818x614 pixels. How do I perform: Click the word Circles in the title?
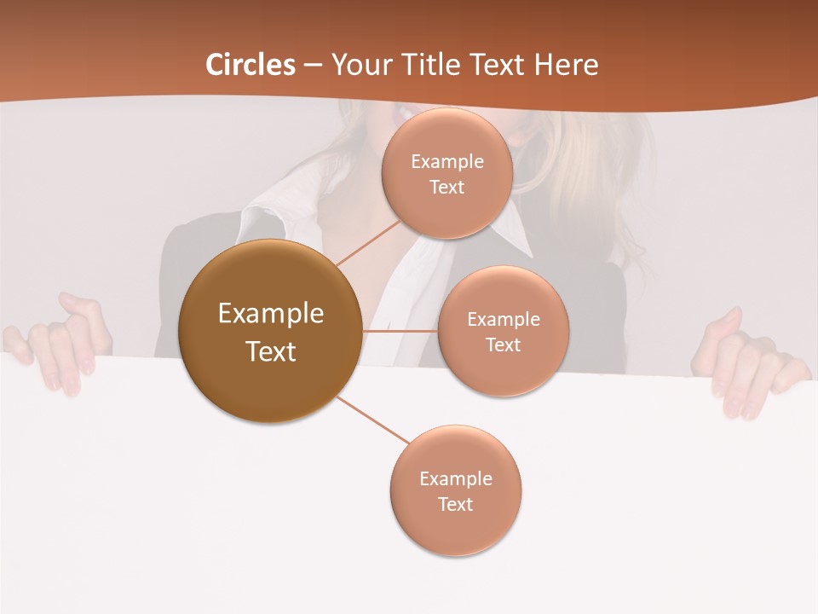pos(251,65)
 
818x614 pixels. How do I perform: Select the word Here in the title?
pos(567,65)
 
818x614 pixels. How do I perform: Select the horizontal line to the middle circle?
pos(400,331)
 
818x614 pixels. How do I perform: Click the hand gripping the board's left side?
pos(64,341)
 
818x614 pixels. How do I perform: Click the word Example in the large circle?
pos(270,314)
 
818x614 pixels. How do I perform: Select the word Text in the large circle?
pos(270,351)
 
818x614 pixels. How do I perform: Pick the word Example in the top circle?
pos(447,162)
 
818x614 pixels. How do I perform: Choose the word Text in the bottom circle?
pos(455,504)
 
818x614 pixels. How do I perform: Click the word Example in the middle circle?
pos(503,320)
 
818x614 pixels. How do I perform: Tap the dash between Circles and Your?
pos(313,66)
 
